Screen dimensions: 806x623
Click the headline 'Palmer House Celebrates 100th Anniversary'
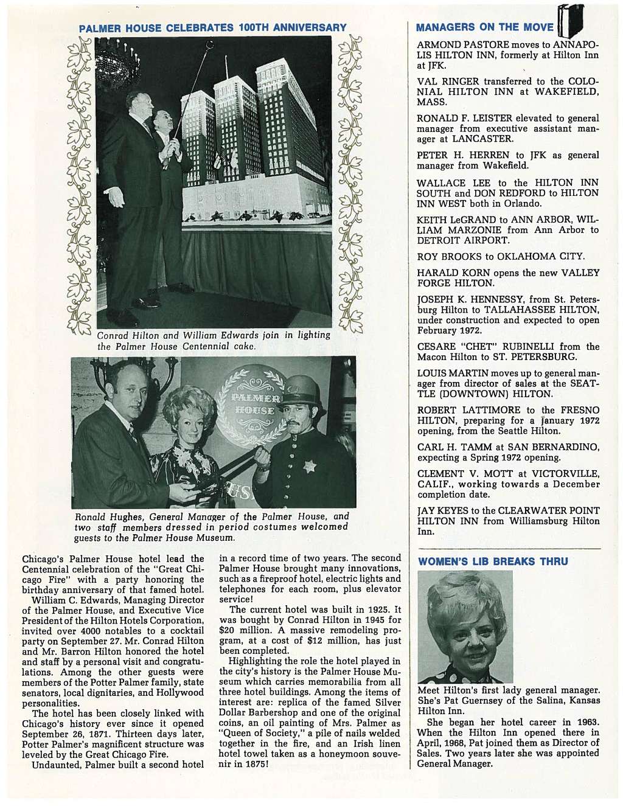213,28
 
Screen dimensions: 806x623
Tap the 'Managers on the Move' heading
484,27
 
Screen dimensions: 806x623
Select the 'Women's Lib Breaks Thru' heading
492,561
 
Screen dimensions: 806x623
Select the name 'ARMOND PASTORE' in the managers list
455,46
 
